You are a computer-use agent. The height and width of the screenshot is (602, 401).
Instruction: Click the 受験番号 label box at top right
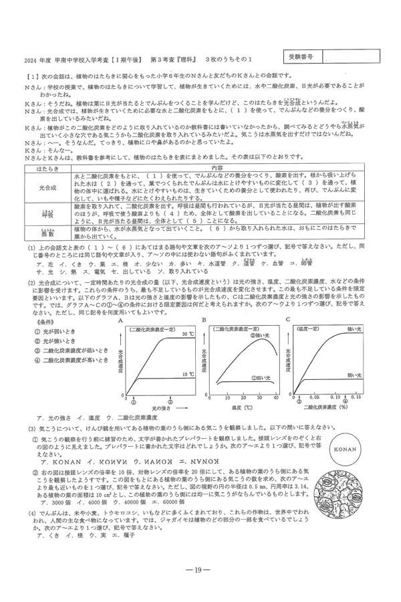tap(302, 58)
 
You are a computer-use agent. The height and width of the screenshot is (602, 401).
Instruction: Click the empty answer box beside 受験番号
tap(354, 58)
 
